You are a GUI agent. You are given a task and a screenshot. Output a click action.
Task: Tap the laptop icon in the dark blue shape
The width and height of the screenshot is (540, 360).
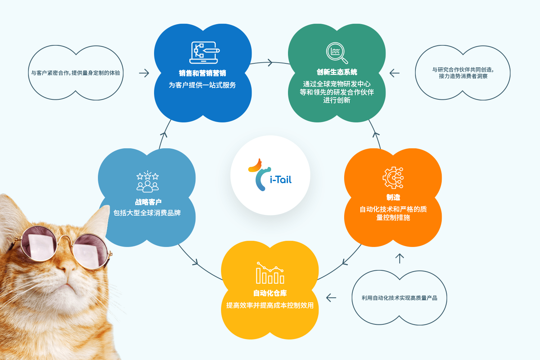(204, 53)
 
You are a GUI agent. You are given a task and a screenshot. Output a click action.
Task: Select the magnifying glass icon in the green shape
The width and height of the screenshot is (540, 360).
(337, 53)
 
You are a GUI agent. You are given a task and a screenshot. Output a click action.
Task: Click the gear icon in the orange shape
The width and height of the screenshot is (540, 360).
(393, 178)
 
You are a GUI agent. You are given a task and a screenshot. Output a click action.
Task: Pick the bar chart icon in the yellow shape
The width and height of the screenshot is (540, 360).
(270, 273)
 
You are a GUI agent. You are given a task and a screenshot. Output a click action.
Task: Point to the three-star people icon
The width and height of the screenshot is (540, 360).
(148, 181)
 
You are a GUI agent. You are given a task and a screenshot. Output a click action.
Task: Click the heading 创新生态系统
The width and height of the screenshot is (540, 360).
(337, 72)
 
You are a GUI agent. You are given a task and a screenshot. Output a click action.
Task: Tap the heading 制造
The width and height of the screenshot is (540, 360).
(393, 197)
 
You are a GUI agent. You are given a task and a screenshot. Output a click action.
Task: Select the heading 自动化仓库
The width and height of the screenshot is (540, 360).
(270, 293)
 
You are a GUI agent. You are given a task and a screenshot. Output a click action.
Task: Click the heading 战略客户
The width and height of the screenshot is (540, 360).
(148, 202)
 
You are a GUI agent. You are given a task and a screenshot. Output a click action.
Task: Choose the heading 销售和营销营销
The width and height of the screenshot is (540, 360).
(202, 73)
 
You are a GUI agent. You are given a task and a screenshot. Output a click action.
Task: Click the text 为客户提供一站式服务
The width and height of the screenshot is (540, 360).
(202, 85)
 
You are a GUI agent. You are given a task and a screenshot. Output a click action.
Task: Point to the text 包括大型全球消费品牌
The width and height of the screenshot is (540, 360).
(147, 213)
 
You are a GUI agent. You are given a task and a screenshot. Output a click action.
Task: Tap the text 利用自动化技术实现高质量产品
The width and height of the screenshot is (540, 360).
(400, 298)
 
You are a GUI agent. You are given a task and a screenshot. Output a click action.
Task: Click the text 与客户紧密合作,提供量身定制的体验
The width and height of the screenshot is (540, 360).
(76, 73)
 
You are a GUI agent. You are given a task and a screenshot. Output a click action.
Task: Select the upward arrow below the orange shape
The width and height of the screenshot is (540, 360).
(400, 258)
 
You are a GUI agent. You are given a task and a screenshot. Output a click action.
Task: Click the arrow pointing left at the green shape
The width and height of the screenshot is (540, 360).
(395, 73)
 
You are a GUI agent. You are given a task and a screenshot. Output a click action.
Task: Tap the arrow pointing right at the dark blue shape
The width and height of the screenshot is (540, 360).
(144, 73)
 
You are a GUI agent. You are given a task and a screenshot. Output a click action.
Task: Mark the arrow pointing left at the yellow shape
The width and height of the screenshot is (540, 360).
(331, 298)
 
